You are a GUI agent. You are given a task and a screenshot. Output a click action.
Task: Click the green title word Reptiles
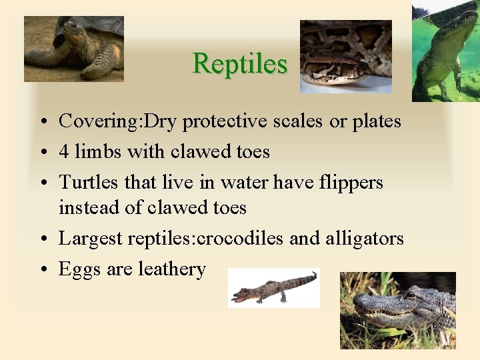[x=239, y=64]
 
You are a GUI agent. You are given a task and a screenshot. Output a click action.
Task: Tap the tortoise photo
[x=73, y=49]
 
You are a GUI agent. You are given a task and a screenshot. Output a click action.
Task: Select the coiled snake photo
[x=345, y=57]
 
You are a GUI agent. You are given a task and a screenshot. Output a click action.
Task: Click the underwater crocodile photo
[x=445, y=51]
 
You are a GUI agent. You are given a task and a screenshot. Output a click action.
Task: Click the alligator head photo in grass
[x=397, y=310]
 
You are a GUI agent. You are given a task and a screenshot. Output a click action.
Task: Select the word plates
[x=375, y=122]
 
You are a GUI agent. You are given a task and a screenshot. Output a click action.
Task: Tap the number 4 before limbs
[x=64, y=152]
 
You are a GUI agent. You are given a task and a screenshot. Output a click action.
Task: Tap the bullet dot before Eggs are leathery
[x=42, y=270]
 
